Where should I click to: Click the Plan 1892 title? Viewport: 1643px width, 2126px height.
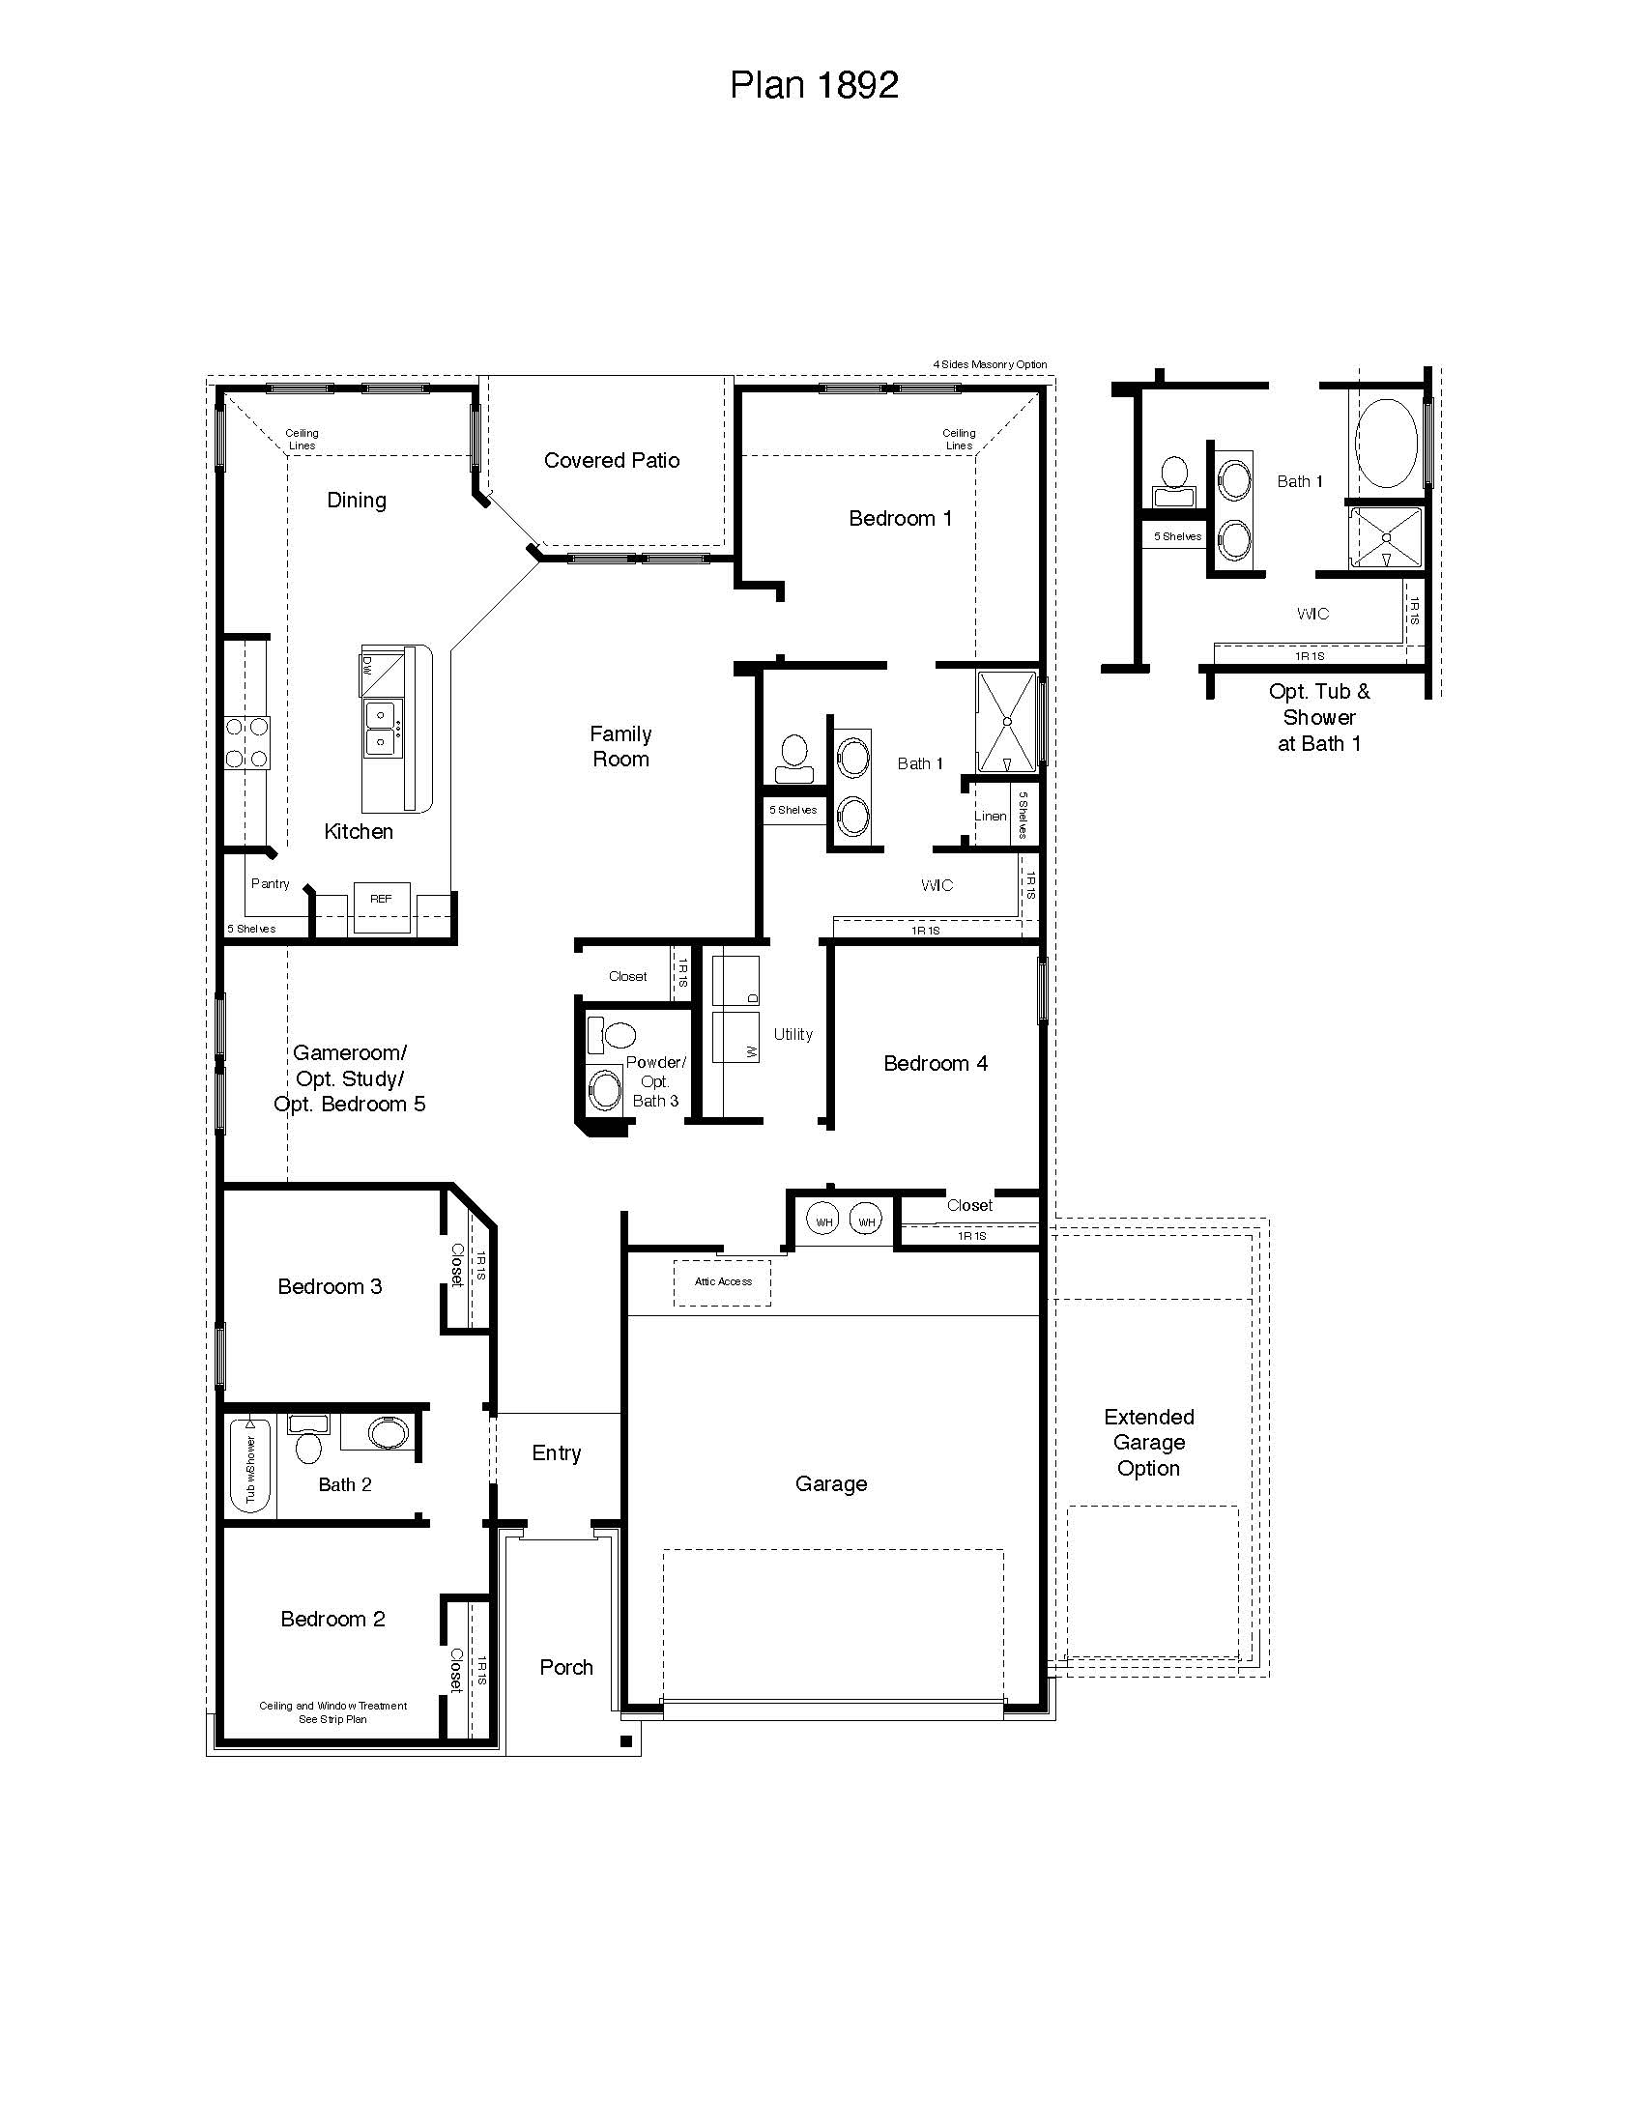pos(814,86)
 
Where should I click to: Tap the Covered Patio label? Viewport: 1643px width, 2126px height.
pos(611,460)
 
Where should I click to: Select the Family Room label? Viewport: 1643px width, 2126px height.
pos(620,747)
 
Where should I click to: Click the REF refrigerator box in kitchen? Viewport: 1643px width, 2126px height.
pos(381,906)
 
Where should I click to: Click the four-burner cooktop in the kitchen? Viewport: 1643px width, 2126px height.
pos(246,743)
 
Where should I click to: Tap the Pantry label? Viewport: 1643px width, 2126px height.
pos(270,884)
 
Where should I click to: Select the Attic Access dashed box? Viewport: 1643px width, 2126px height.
pos(722,1282)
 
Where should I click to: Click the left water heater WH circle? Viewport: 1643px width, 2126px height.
pos(823,1221)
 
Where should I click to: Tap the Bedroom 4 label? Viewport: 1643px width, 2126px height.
pos(935,1064)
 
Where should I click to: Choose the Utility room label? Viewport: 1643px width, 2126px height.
pos(793,1035)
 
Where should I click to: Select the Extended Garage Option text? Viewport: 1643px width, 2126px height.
pos(1148,1443)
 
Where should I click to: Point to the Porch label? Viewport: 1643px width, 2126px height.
pos(565,1668)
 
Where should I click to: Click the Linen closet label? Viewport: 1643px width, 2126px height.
pos(990,816)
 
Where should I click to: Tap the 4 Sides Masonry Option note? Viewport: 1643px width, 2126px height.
pos(990,364)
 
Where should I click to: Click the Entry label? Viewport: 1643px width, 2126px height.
pos(556,1453)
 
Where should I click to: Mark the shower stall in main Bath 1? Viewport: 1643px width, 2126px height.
pos(1006,721)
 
